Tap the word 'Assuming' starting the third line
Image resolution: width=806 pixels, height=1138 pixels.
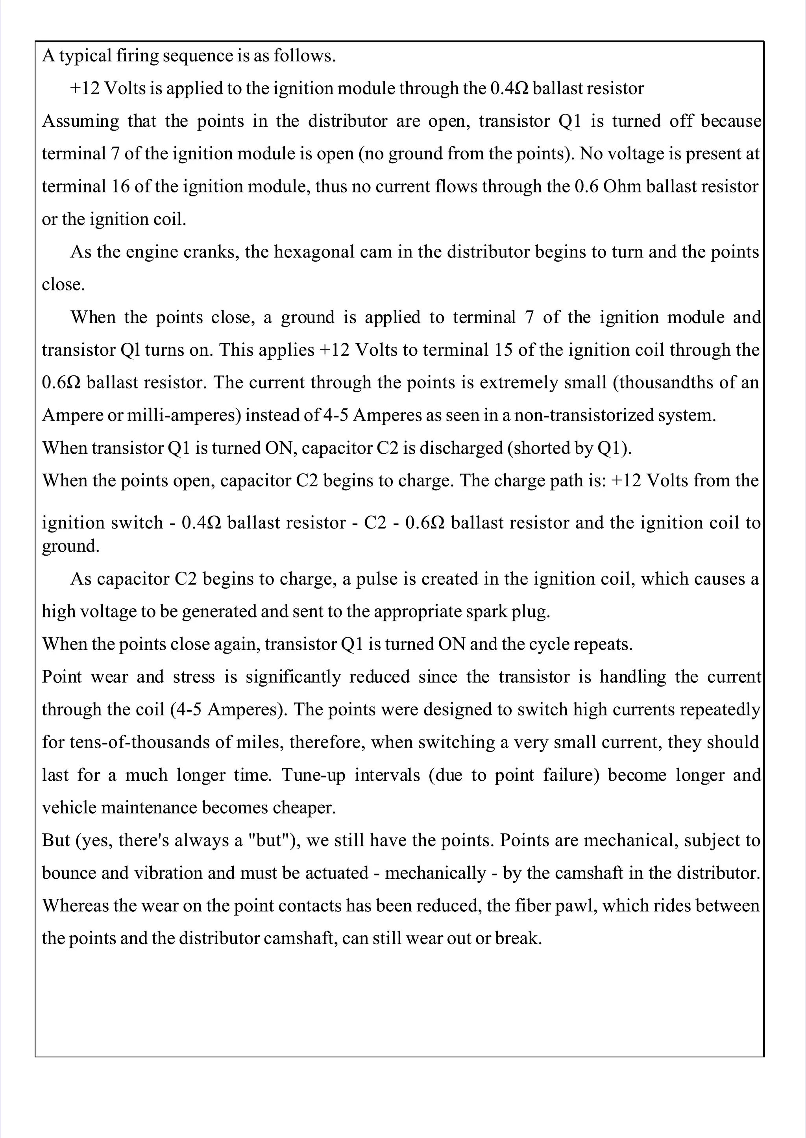click(80, 121)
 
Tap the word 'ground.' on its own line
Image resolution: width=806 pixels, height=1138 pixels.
click(70, 547)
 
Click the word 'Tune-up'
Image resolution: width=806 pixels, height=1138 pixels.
click(313, 775)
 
